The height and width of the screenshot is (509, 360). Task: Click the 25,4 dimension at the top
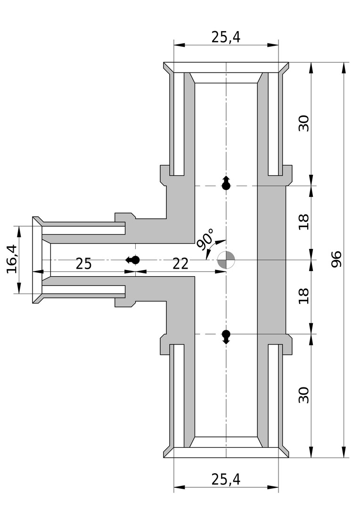click(226, 37)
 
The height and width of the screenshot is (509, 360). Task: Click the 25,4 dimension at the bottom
click(226, 479)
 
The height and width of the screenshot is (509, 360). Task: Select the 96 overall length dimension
click(336, 259)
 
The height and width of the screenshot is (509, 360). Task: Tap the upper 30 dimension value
click(304, 123)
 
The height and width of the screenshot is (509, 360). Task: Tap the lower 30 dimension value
click(304, 395)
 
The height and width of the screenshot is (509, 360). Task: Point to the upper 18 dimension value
click(304, 222)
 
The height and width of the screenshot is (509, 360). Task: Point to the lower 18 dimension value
click(304, 296)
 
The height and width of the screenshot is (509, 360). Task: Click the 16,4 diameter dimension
click(11, 259)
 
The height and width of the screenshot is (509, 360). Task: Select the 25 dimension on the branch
click(83, 264)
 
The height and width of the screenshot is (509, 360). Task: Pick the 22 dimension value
click(180, 264)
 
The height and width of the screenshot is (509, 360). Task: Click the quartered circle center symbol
click(226, 260)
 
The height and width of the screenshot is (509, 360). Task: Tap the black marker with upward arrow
click(226, 183)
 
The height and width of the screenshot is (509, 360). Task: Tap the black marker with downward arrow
click(226, 337)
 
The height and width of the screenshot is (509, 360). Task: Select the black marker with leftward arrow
click(132, 260)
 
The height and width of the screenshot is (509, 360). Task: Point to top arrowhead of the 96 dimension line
click(344, 67)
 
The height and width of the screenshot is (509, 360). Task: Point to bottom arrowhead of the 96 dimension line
click(344, 452)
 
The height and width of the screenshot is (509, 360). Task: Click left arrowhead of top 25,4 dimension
click(180, 44)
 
